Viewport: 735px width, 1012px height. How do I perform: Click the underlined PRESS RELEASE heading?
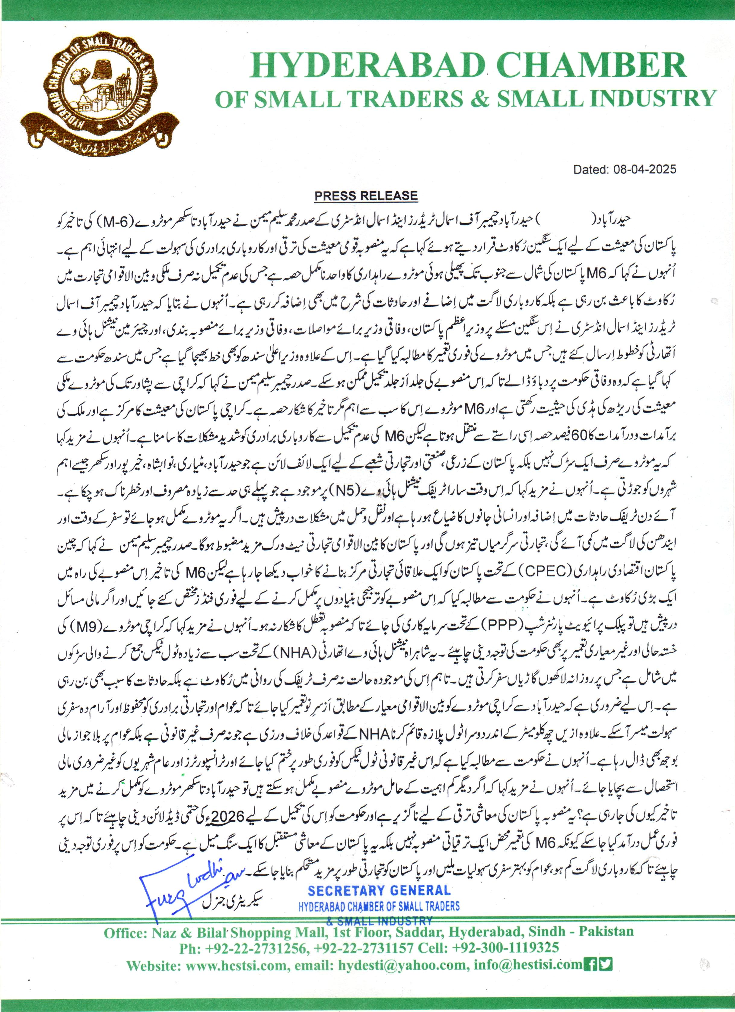(x=366, y=196)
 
